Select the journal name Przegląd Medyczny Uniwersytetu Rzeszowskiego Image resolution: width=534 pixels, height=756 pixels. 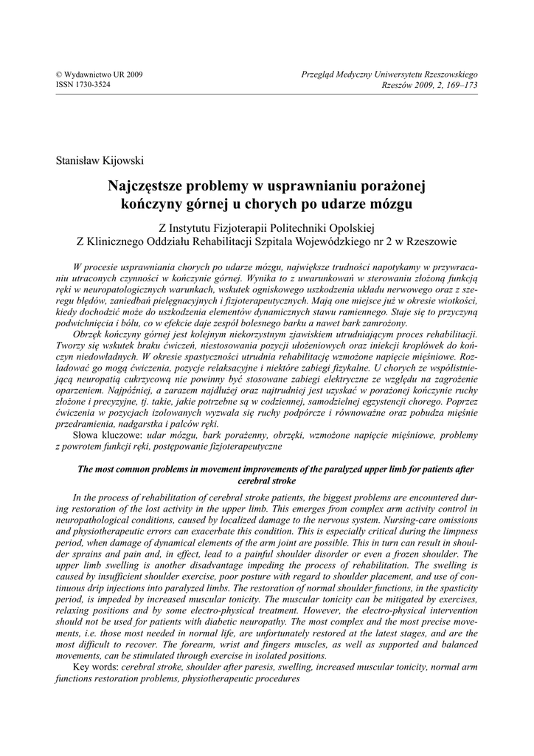pyautogui.click(x=390, y=75)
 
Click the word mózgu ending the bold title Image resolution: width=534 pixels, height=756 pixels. pyautogui.click(x=390, y=200)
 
